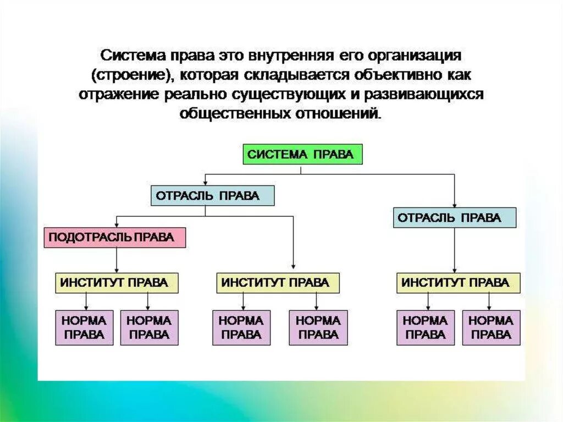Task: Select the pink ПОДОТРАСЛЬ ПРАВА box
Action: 114,238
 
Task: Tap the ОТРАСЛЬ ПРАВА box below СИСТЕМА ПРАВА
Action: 212,196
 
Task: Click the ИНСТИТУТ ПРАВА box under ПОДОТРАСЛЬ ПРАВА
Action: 118,283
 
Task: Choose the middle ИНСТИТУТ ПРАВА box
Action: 278,283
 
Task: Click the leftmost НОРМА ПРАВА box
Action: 84,327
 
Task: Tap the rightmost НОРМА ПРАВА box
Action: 491,327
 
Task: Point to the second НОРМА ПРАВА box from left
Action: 149,327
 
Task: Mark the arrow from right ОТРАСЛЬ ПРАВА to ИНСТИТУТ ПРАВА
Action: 455,250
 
